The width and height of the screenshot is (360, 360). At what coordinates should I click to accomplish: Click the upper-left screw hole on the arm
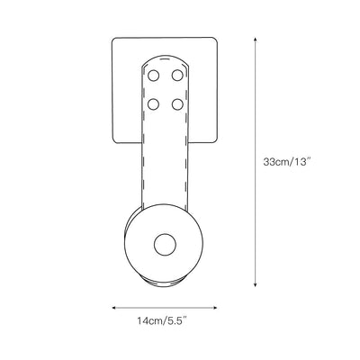pyautogui.click(x=153, y=76)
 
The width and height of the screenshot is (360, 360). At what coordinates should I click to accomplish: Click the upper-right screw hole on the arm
pyautogui.click(x=177, y=76)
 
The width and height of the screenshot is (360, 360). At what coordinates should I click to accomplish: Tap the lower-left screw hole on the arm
pyautogui.click(x=153, y=104)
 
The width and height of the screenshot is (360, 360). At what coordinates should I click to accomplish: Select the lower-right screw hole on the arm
pyautogui.click(x=177, y=104)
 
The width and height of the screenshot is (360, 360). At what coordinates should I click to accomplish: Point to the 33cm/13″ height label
pyautogui.click(x=286, y=162)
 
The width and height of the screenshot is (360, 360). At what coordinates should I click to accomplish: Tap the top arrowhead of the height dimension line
pyautogui.click(x=255, y=40)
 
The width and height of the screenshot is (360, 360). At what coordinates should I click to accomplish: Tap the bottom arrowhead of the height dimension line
pyautogui.click(x=255, y=284)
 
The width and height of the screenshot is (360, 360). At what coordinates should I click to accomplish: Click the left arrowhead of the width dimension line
pyautogui.click(x=114, y=308)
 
